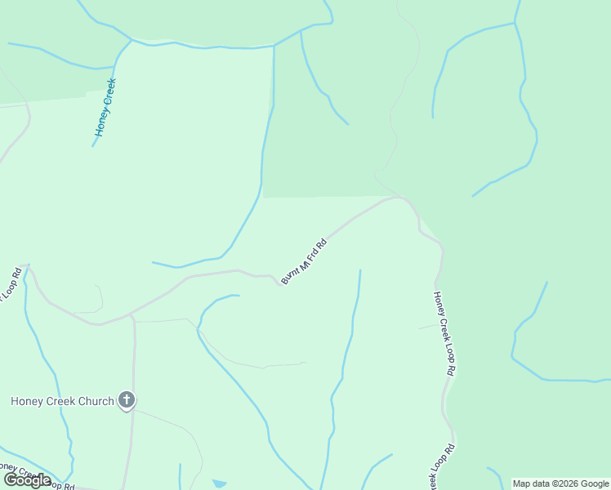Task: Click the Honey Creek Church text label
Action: click(x=61, y=401)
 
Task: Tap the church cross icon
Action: click(x=127, y=400)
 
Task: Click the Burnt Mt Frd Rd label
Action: click(x=304, y=261)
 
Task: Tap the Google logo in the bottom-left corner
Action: click(x=27, y=480)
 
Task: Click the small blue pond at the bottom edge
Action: click(x=219, y=483)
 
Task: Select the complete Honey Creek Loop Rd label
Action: click(x=444, y=332)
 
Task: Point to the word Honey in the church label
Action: click(x=27, y=401)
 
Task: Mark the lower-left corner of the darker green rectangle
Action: click(x=264, y=197)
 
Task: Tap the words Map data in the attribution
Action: click(x=529, y=483)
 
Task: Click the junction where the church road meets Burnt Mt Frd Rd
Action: click(x=133, y=314)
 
